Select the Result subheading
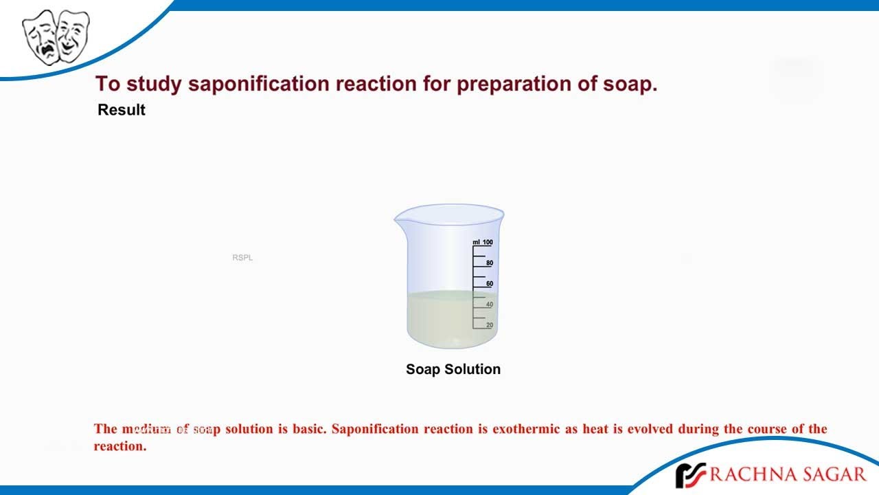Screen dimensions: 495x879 (x=122, y=110)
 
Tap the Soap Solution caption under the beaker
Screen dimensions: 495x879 (x=453, y=369)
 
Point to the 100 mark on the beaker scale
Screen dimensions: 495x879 (x=487, y=242)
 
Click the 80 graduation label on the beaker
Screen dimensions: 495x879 (x=490, y=263)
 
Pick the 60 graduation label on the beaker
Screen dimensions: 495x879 (x=490, y=284)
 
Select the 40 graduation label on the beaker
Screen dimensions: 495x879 (x=490, y=305)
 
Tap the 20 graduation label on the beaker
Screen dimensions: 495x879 (x=490, y=325)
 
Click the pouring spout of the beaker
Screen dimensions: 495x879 (x=398, y=219)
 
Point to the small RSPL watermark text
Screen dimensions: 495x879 (x=242, y=258)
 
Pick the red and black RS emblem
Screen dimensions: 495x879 (x=689, y=475)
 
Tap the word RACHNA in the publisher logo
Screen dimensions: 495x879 (x=748, y=474)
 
